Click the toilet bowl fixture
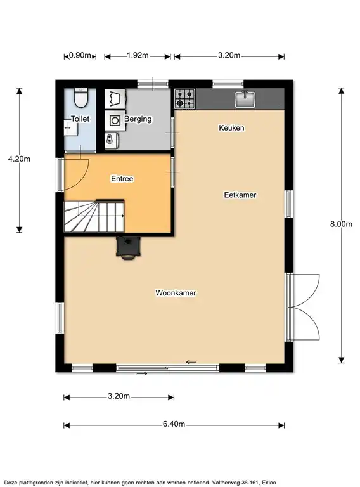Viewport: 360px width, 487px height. pos(81,98)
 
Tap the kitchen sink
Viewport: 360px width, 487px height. pos(245,99)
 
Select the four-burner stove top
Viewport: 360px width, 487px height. pos(184,99)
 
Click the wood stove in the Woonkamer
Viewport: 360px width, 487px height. pos(128,247)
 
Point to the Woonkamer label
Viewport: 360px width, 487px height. pos(176,293)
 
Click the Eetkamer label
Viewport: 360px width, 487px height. pos(240,195)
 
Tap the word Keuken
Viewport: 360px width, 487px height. pos(231,127)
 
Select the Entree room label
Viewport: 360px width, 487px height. pos(122,179)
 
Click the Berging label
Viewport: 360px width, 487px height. pos(138,119)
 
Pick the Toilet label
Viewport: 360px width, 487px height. pos(80,119)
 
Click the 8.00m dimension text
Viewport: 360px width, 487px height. pos(341,224)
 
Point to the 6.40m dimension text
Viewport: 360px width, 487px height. pos(174,424)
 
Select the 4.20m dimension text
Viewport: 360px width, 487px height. pos(19,159)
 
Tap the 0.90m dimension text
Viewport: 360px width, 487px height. pos(80,55)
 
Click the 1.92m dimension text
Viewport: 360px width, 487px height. pos(138,55)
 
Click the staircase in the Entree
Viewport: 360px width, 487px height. pos(94,216)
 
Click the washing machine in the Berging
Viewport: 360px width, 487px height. pos(115,120)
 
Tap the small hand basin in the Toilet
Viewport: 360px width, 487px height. pos(70,127)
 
